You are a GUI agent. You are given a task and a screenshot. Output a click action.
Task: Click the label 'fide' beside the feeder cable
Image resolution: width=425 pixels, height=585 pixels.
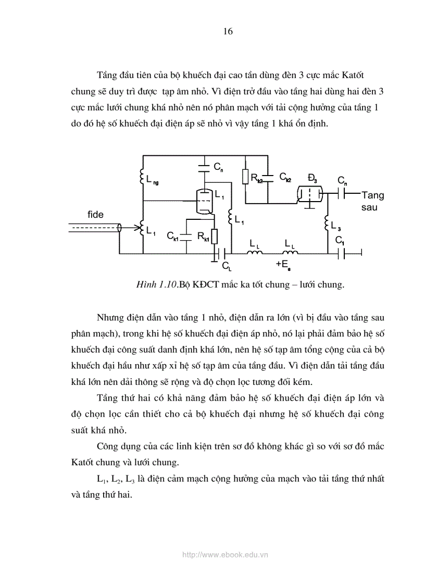pyautogui.click(x=95, y=215)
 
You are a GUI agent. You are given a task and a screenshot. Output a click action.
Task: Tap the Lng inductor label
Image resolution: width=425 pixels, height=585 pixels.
pyautogui.click(x=153, y=181)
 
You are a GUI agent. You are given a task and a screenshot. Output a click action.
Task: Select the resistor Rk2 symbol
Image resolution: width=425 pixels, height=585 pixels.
pyautogui.click(x=246, y=178)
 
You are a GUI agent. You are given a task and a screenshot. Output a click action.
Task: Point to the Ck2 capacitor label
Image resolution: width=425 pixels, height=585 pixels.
pyautogui.click(x=285, y=177)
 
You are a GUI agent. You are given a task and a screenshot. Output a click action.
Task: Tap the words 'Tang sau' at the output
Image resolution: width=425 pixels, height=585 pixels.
pyautogui.click(x=372, y=201)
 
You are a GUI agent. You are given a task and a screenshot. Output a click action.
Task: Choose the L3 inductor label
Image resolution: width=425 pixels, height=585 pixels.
pyautogui.click(x=336, y=226)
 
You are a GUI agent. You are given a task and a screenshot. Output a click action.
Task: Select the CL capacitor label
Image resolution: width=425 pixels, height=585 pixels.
pyautogui.click(x=226, y=266)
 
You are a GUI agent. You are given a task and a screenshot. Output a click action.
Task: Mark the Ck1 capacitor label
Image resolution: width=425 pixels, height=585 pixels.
pyautogui.click(x=173, y=236)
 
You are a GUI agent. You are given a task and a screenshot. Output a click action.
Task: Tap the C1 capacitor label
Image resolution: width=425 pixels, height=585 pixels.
pyautogui.click(x=340, y=241)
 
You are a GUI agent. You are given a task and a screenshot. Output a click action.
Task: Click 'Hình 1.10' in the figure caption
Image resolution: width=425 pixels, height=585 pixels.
pyautogui.click(x=155, y=284)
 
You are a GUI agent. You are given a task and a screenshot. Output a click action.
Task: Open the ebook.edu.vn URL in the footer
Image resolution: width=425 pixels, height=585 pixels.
pyautogui.click(x=225, y=555)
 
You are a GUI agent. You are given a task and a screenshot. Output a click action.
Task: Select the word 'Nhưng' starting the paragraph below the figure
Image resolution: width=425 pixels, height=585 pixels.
pyautogui.click(x=110, y=317)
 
